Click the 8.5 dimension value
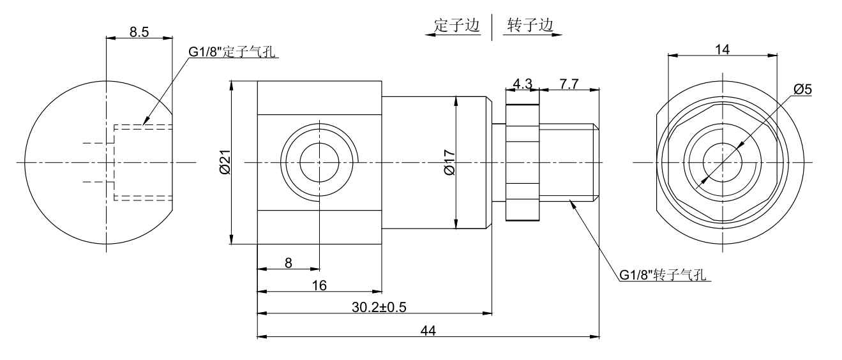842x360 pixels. (x=139, y=33)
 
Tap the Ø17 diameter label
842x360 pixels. (x=448, y=162)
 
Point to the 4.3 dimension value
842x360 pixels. (x=522, y=84)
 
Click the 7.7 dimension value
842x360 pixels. (x=569, y=84)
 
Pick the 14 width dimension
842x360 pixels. (x=722, y=49)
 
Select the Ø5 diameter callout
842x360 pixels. (x=804, y=89)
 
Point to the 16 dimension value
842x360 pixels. (x=319, y=285)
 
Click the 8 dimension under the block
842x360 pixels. (x=289, y=262)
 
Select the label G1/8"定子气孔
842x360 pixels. (x=232, y=53)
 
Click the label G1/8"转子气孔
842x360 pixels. (x=664, y=276)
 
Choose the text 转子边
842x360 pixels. (x=529, y=26)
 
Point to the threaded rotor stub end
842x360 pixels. (x=569, y=162)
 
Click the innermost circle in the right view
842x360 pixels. (x=722, y=162)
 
